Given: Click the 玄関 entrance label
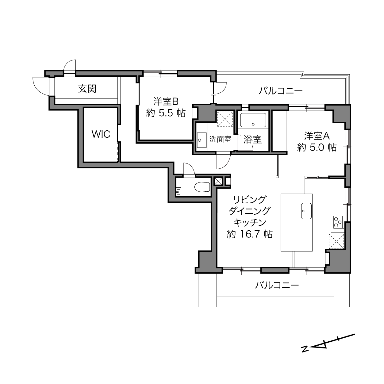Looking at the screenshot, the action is (87, 89).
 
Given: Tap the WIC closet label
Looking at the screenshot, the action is (101, 134).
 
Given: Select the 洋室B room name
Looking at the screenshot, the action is (166, 102).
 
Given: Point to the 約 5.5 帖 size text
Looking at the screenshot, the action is (166, 113).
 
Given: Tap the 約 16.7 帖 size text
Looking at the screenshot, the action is (250, 234).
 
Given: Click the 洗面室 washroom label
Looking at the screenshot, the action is (220, 139).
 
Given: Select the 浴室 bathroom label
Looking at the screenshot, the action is (252, 140).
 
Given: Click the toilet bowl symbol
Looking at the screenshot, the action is (202, 187).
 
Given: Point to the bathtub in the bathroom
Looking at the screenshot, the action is (253, 120).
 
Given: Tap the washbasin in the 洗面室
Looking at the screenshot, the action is (202, 140).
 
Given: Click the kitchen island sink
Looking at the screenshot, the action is (306, 211).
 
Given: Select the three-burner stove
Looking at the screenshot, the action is (339, 222).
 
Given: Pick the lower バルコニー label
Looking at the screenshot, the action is (277, 285).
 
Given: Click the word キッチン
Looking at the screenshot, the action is (250, 222).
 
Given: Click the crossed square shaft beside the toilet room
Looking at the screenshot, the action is (218, 181).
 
